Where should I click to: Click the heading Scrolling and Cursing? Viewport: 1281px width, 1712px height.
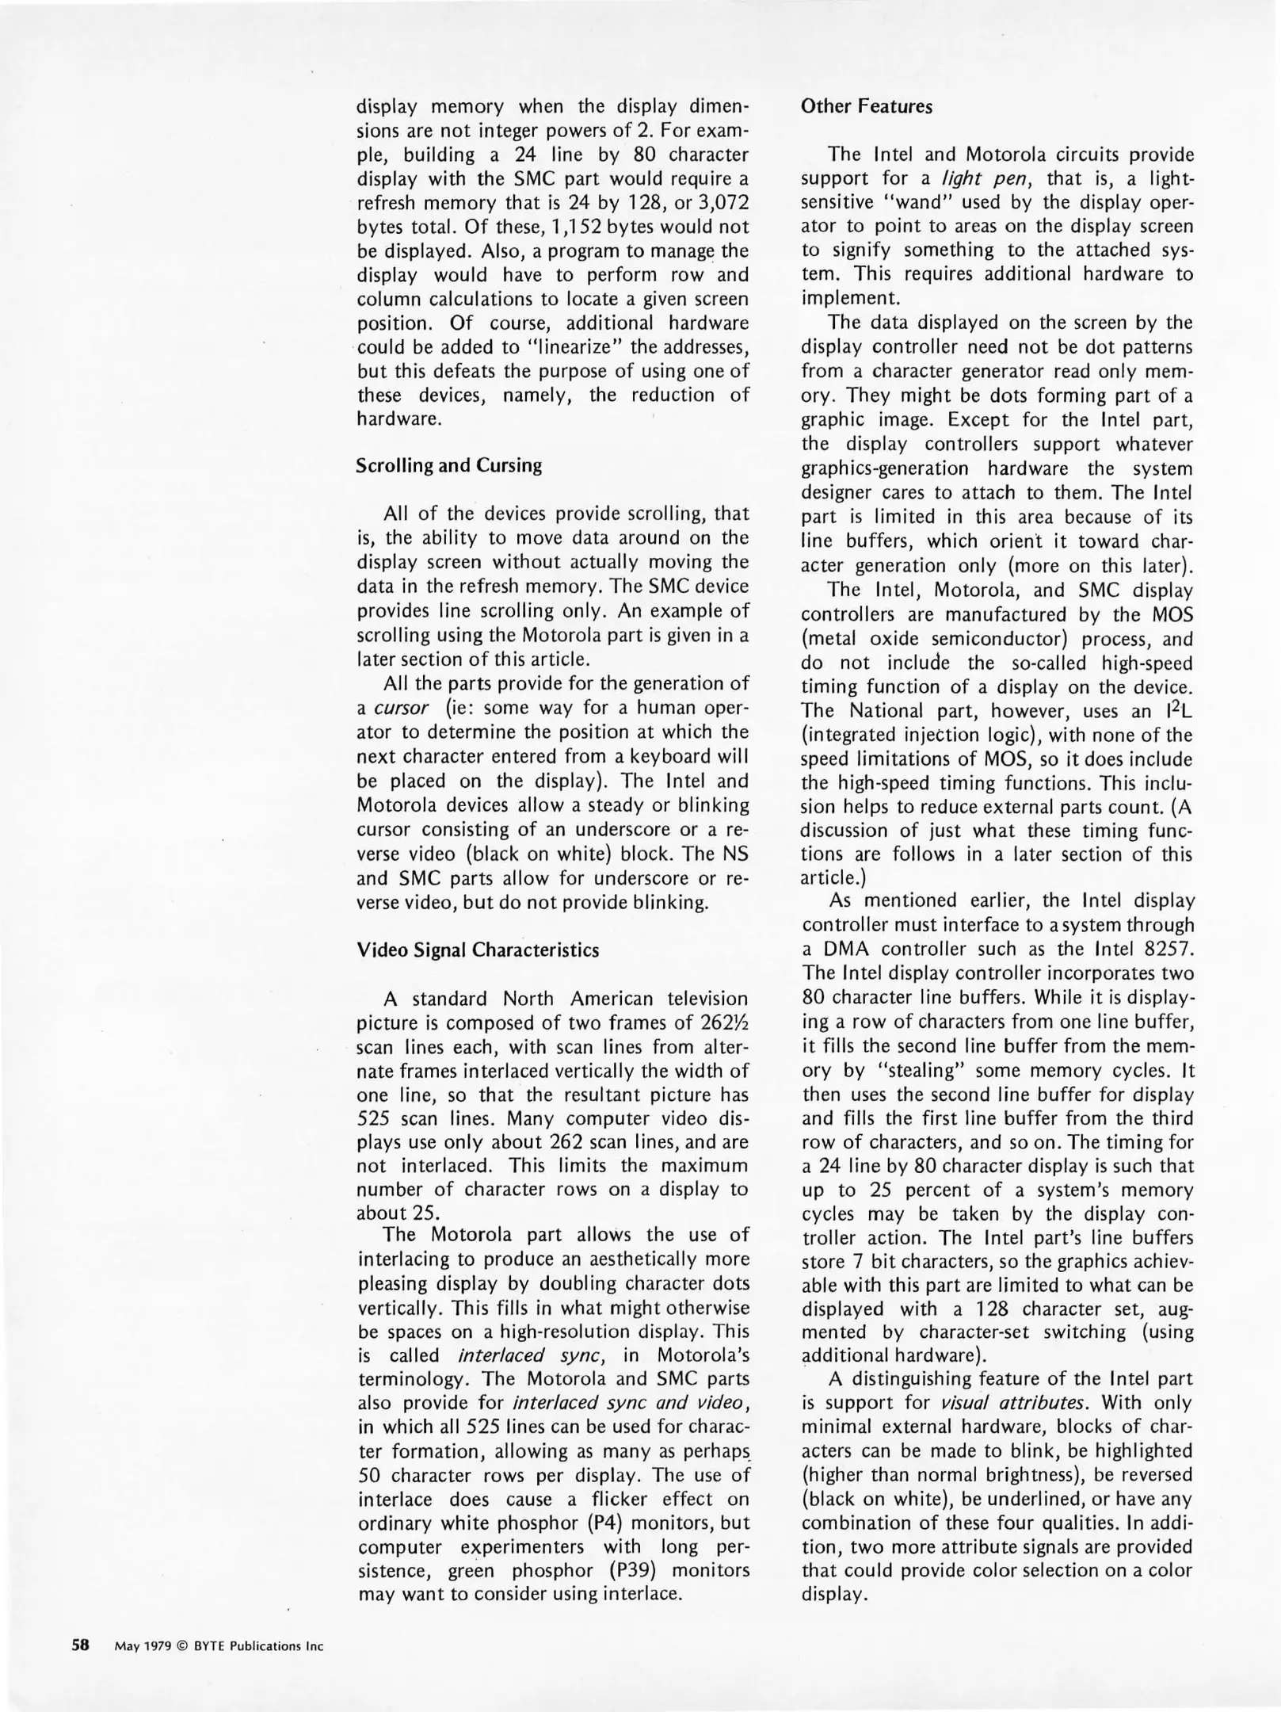point(449,465)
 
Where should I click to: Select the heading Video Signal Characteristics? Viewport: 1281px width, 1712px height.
point(478,950)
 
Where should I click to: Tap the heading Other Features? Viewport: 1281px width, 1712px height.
point(867,107)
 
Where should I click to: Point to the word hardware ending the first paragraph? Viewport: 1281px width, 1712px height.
point(398,419)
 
